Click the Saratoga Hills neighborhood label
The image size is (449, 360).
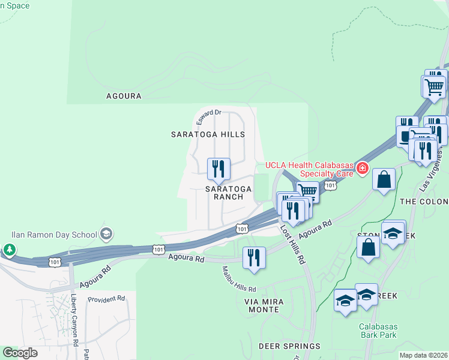coord(208,134)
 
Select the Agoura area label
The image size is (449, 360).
coord(124,96)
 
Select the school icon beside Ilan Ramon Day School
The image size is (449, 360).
coord(106,233)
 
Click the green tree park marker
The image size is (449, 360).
coord(10,249)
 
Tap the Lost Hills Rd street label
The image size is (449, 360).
coord(293,245)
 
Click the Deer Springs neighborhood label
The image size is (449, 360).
coord(289,346)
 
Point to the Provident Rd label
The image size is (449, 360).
coord(106,298)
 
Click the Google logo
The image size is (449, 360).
coord(20,353)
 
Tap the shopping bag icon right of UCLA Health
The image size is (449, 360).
coord(383,178)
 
